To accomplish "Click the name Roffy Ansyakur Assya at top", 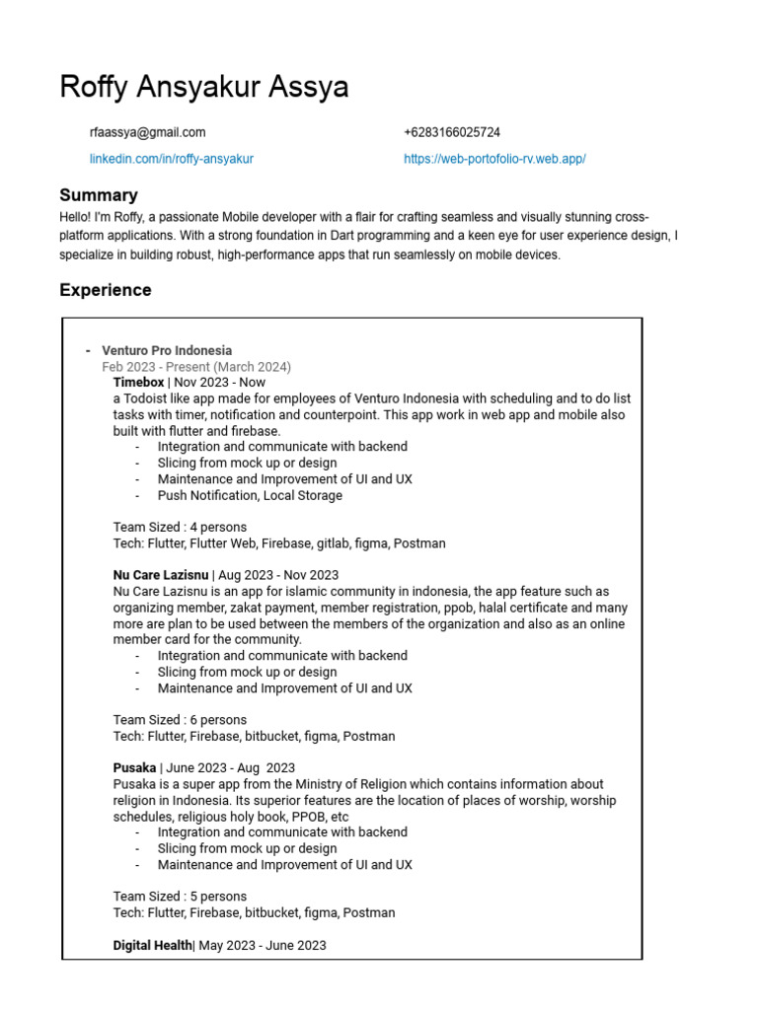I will tap(203, 87).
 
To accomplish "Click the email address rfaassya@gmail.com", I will tap(147, 132).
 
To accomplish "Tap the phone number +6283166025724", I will tap(451, 132).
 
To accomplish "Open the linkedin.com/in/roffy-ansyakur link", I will tap(171, 159).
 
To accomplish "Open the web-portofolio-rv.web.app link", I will tap(494, 159).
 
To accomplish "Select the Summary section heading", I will tap(99, 195).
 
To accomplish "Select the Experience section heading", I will tap(106, 290).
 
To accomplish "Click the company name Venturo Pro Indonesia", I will tap(167, 350).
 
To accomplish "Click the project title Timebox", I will tap(138, 383).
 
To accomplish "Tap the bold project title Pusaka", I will tap(134, 767).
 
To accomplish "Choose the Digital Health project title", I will tap(152, 945).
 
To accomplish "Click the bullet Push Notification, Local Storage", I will tap(250, 495).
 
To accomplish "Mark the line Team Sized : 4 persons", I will tap(180, 527).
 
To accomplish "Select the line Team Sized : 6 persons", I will tap(180, 720).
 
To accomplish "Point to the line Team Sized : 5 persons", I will tap(180, 897).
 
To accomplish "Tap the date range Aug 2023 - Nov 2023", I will tap(278, 575).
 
